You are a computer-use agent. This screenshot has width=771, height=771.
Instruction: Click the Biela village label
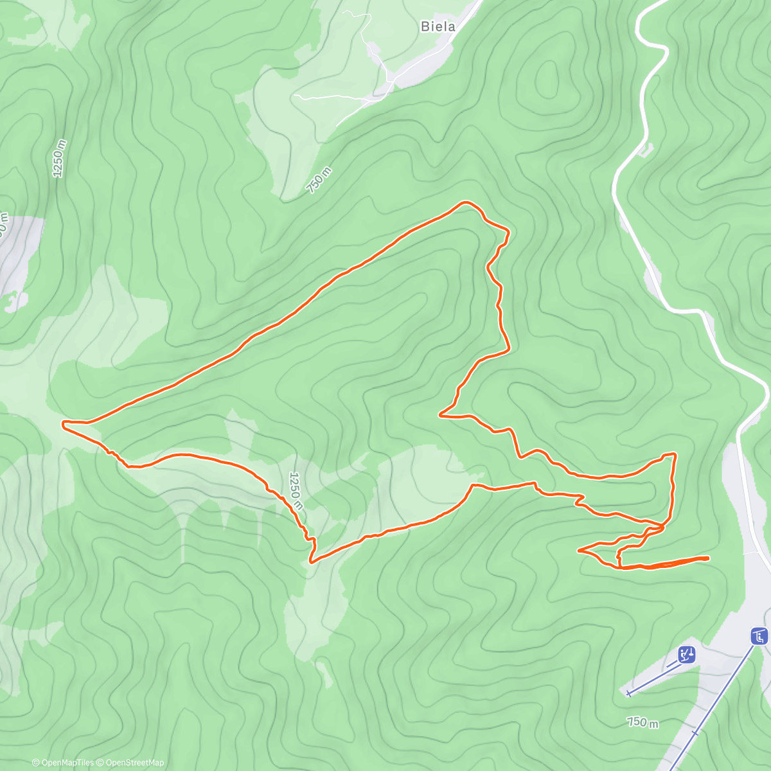[x=438, y=26]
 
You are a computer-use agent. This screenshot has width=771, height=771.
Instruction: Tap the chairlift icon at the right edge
[x=759, y=636]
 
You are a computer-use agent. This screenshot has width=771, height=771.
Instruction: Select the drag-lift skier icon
[x=687, y=655]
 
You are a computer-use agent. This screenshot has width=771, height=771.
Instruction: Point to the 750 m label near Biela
[x=319, y=181]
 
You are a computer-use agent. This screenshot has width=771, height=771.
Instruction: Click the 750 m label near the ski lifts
[x=643, y=722]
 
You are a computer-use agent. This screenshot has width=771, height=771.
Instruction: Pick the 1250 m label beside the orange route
[x=296, y=492]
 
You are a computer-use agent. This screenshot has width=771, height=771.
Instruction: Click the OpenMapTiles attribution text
[x=63, y=763]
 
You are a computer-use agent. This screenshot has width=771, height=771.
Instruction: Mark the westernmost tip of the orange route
[x=63, y=423]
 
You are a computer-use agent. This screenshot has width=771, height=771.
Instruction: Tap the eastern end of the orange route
[x=708, y=558]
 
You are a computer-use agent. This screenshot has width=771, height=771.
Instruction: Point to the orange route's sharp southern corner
[x=312, y=562]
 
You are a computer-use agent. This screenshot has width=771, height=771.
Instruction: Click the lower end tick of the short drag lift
[x=628, y=693]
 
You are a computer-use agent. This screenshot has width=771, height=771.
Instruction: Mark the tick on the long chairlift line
[x=695, y=732]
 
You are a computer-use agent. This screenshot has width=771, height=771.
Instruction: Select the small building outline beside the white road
[x=644, y=150]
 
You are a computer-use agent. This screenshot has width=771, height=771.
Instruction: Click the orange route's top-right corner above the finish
[x=673, y=454]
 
